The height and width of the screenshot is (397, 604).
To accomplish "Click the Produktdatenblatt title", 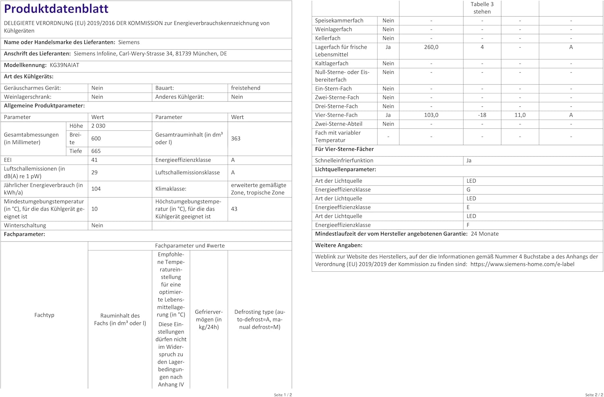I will [56, 8].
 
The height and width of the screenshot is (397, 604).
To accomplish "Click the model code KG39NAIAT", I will [64, 65].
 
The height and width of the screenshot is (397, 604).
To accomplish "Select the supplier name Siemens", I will [129, 42].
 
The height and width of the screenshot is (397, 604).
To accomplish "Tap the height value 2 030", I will [98, 126].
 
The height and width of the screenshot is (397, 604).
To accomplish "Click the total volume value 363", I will [236, 139].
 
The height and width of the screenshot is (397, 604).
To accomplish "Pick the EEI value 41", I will [94, 160].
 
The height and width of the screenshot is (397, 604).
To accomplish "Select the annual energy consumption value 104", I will [96, 189].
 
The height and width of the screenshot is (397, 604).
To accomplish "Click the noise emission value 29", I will [94, 172].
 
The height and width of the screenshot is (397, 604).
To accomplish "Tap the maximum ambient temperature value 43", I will [234, 209].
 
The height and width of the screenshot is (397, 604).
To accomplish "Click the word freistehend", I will [246, 88].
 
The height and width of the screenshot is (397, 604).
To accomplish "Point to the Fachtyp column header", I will [44, 315].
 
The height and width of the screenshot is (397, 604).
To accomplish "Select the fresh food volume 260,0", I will [431, 47].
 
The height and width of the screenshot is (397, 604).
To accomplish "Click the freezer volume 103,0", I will [431, 115].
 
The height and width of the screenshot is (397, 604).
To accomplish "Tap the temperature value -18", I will [482, 115].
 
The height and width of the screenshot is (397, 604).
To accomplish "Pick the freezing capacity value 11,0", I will [520, 115].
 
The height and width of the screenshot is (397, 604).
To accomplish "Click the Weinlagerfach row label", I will [333, 29].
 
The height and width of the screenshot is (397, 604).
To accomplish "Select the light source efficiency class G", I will [468, 190].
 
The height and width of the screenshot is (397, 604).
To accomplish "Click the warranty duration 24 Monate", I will [484, 234].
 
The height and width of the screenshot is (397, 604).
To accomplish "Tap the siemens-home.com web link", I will [522, 265].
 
